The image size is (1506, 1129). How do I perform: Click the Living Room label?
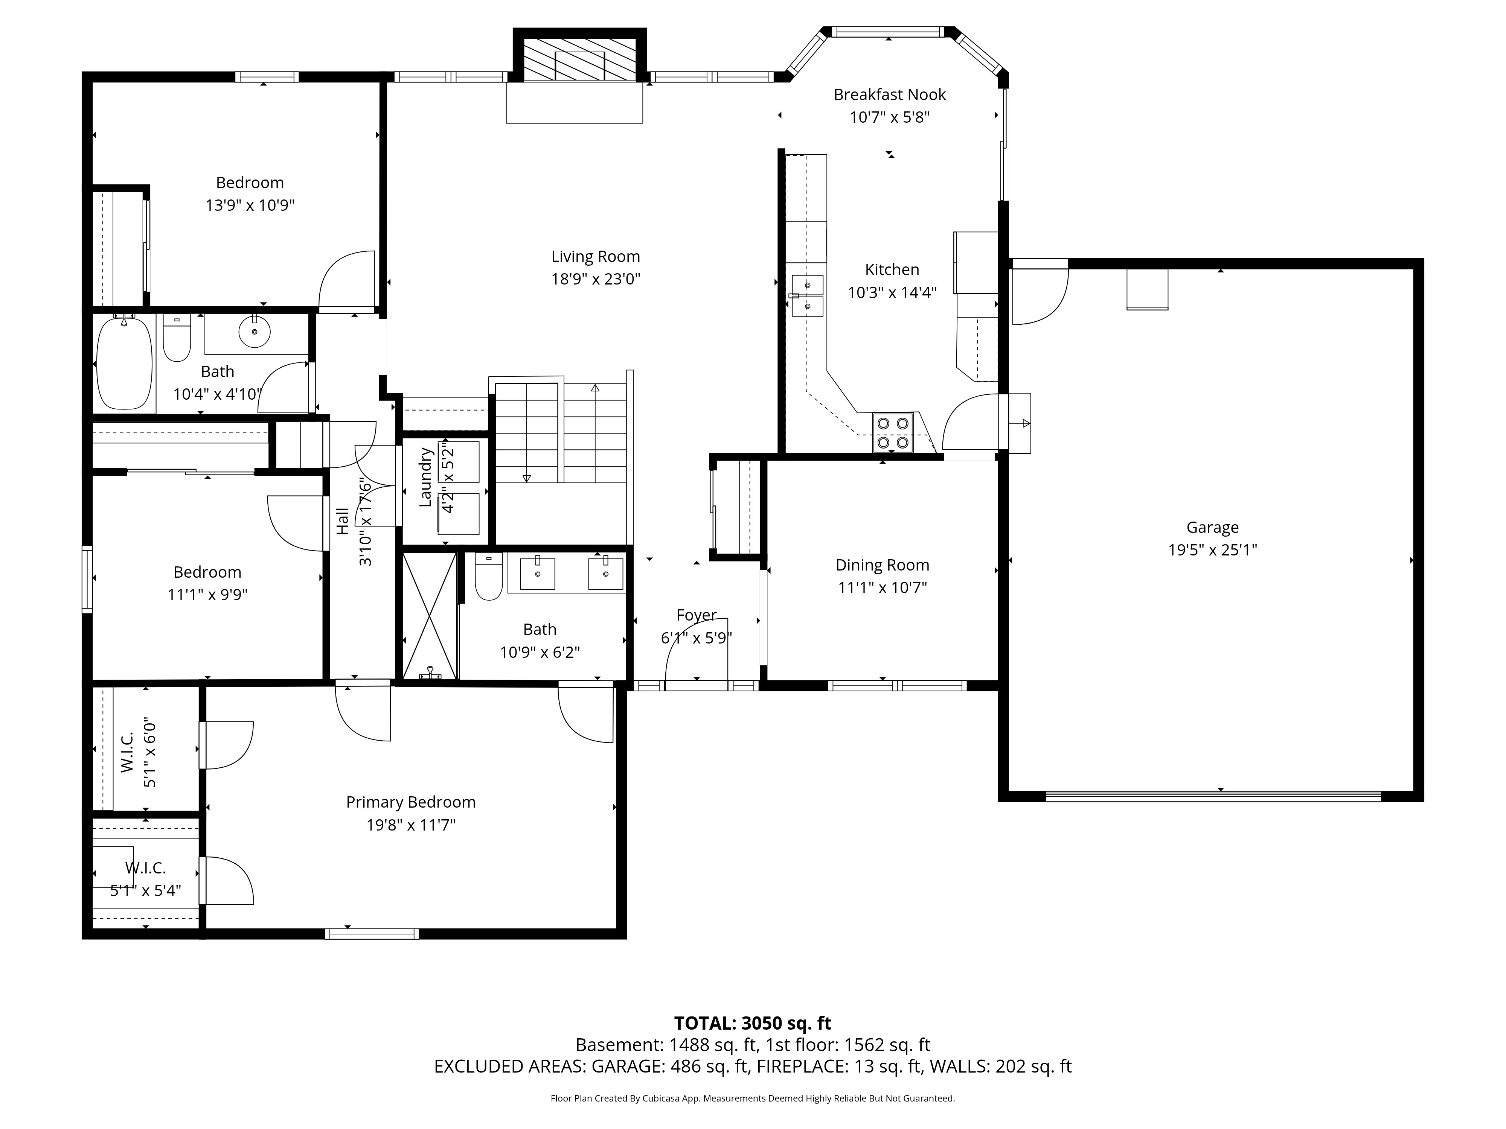596,257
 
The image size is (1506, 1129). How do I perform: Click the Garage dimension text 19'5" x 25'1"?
1213,550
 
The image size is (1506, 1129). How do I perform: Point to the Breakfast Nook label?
890,94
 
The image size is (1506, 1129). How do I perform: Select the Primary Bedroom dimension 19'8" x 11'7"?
410,825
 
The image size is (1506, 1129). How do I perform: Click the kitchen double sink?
808,296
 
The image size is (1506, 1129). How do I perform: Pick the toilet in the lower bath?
488,577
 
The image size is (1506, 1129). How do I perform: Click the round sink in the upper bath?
255,332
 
